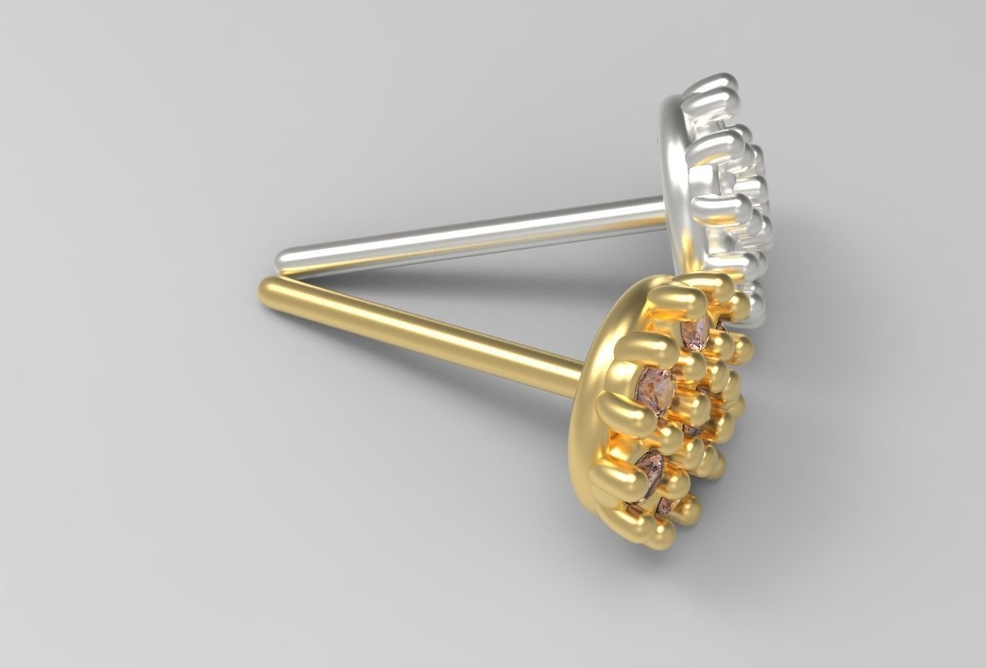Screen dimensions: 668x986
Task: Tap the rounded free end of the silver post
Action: pyautogui.click(x=287, y=259)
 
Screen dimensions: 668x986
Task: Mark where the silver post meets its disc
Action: pyautogui.click(x=661, y=212)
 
